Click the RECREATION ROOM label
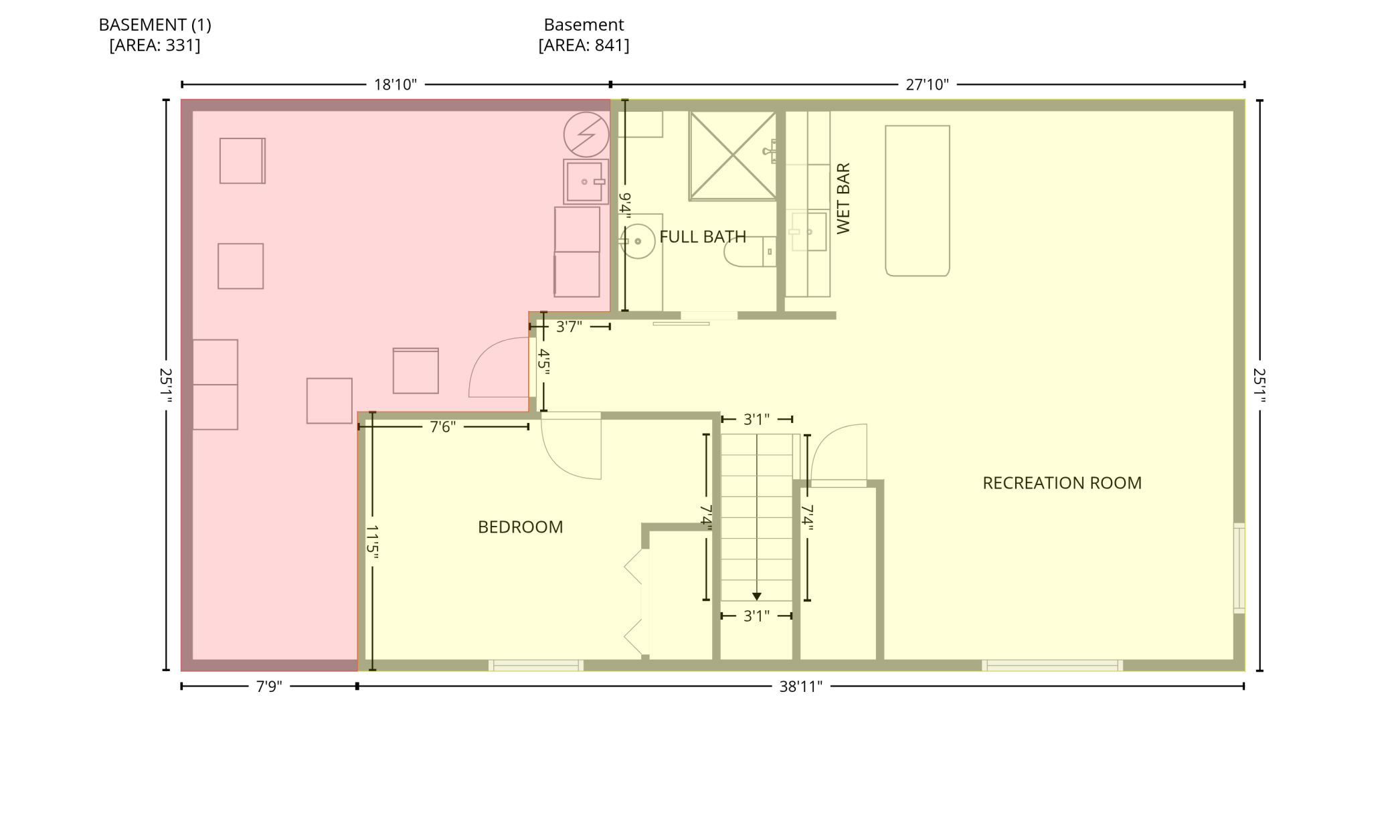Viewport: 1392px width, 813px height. pyautogui.click(x=1061, y=483)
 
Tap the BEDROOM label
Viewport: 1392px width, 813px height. pyautogui.click(x=520, y=527)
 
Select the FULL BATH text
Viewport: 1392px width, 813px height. pyautogui.click(x=703, y=237)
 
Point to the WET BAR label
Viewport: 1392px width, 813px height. pyautogui.click(x=843, y=198)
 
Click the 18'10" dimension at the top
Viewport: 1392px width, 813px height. pyautogui.click(x=395, y=85)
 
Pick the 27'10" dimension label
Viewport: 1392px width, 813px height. pyautogui.click(x=927, y=85)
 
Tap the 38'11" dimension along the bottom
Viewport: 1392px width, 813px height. pyautogui.click(x=800, y=687)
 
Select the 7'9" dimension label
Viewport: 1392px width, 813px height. pyautogui.click(x=269, y=687)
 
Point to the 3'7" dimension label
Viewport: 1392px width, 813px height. pyautogui.click(x=569, y=327)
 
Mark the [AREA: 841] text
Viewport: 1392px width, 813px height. pyautogui.click(x=584, y=46)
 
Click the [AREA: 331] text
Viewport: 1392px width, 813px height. pyautogui.click(x=155, y=46)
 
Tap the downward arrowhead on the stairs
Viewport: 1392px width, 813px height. pyautogui.click(x=757, y=596)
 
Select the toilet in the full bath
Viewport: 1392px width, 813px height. pyautogui.click(x=750, y=252)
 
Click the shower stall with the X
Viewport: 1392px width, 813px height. pyautogui.click(x=733, y=156)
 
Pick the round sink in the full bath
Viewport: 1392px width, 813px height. pyautogui.click(x=638, y=241)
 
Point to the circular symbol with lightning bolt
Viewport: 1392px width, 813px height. pyautogui.click(x=586, y=134)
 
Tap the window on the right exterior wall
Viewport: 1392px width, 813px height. pyautogui.click(x=1239, y=568)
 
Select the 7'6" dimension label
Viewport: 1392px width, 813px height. pyautogui.click(x=442, y=427)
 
